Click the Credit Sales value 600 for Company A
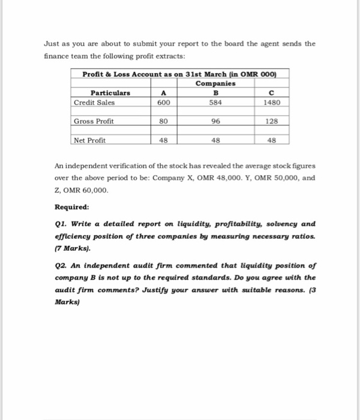click(163, 102)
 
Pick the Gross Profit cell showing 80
click(163, 121)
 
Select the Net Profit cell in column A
click(163, 140)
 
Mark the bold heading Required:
click(71, 208)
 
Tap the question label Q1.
click(61, 224)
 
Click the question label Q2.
click(61, 265)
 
